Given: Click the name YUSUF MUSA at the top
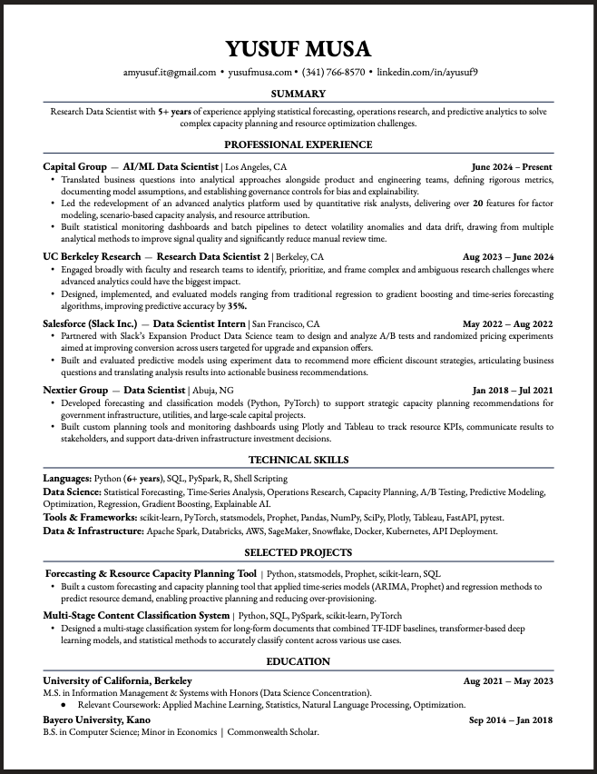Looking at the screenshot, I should pos(298,48).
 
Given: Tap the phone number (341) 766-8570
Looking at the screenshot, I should pos(333,72).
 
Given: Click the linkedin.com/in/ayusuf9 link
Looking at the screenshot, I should pos(426,72).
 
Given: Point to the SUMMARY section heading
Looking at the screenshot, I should pos(298,94).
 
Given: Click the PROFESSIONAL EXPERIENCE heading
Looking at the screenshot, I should pos(298,144).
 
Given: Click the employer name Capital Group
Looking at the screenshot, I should pos(75,167).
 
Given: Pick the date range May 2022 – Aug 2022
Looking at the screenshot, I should pos(507,323).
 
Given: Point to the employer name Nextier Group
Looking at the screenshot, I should pos(75,390).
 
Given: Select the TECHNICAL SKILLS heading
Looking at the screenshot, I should pos(298,460).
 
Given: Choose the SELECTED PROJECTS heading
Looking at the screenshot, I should pos(298,552).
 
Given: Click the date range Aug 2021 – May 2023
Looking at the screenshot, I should pos(507,680).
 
